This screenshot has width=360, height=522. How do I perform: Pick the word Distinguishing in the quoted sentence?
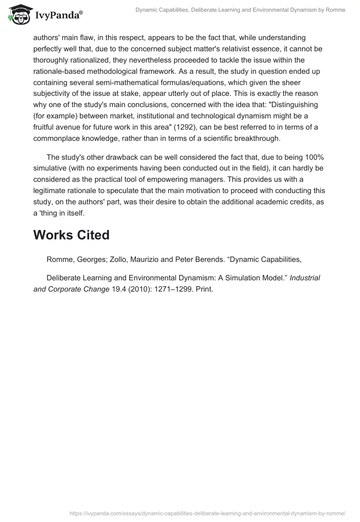pyautogui.click(x=292, y=104)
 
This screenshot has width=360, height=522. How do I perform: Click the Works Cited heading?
pyautogui.click(x=71, y=235)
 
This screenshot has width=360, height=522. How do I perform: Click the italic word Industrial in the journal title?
pyautogui.click(x=305, y=278)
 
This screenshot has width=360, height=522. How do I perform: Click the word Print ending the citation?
pyautogui.click(x=204, y=289)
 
